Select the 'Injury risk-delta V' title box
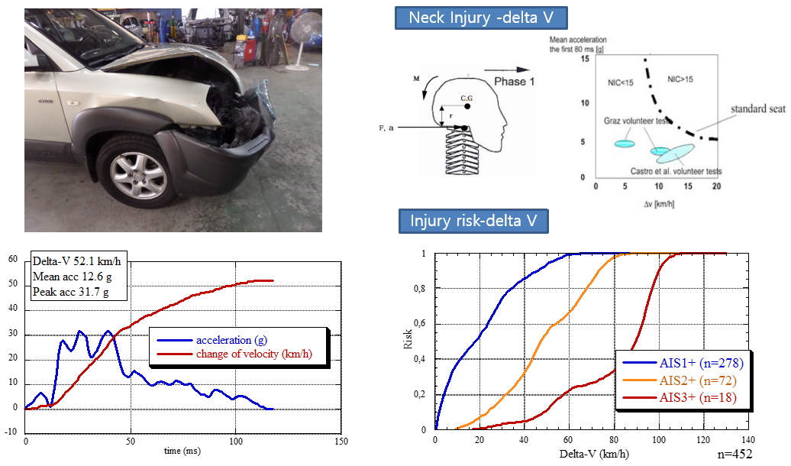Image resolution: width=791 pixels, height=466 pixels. click(x=473, y=222)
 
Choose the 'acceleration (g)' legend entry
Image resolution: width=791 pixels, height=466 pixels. click(x=228, y=339)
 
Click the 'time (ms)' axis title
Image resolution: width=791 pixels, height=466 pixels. click(x=183, y=451)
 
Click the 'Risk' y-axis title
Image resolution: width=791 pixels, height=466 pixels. click(x=408, y=341)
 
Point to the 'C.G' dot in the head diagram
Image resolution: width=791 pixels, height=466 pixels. click(x=467, y=105)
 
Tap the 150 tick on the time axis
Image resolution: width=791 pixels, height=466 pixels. click(x=341, y=442)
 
